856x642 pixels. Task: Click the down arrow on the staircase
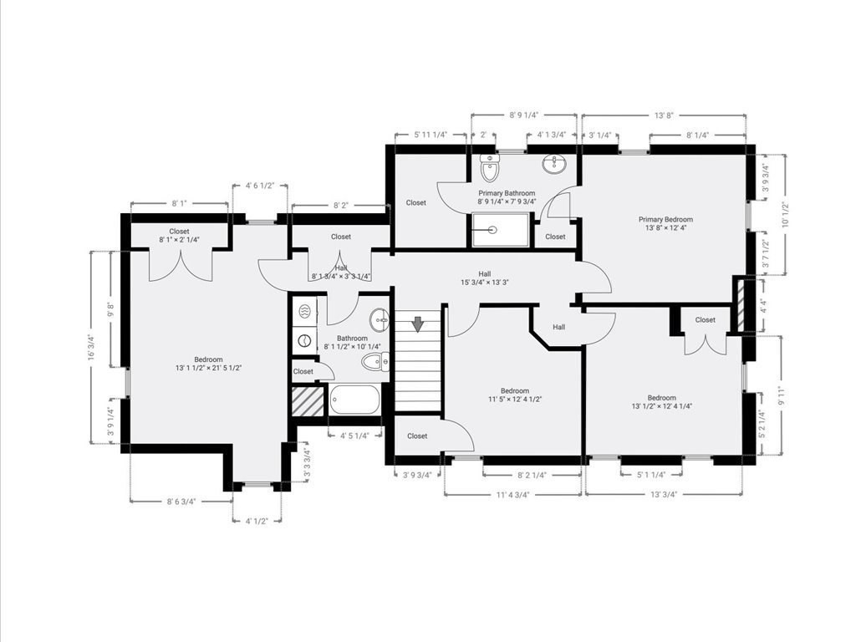(x=418, y=324)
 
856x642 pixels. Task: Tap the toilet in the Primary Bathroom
(x=490, y=167)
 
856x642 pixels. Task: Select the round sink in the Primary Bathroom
(x=555, y=163)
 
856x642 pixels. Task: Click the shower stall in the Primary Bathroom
(x=501, y=230)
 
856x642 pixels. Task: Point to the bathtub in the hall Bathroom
(x=354, y=400)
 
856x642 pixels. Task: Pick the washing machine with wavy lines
(x=304, y=312)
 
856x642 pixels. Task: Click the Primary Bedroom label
(x=665, y=224)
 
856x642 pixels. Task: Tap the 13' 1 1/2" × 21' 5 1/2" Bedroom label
(x=208, y=364)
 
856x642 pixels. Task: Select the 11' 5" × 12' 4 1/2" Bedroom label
(x=515, y=395)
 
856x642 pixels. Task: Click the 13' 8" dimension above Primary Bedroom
(x=664, y=115)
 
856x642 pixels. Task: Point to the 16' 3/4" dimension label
(x=93, y=347)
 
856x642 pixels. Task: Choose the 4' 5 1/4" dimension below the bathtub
(x=354, y=435)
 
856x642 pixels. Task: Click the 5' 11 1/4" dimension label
(x=431, y=135)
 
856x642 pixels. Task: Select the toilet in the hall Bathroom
(x=375, y=361)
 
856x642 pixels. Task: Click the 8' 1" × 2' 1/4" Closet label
(x=179, y=235)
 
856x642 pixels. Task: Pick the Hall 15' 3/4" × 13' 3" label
(x=485, y=278)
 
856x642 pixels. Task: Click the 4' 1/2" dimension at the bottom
(x=257, y=521)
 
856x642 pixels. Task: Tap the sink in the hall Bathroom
(x=379, y=319)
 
